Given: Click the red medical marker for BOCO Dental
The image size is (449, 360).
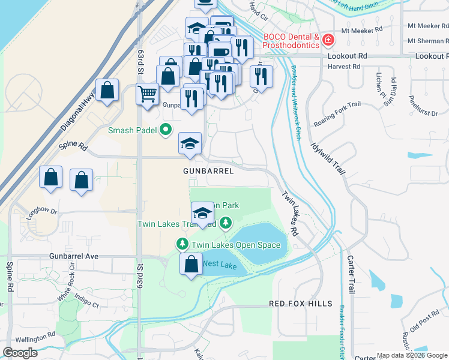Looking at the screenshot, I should coord(328,41).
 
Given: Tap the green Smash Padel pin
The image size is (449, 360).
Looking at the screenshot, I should coord(166,130).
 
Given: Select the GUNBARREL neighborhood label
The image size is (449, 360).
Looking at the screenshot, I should coord(208,171).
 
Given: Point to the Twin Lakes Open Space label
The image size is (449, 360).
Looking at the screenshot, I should coord(235,245).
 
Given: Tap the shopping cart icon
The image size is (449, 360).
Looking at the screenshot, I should coord(147,94).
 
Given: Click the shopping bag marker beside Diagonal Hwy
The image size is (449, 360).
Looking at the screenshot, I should coord(107,91).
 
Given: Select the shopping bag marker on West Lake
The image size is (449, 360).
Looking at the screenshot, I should coord(191,265).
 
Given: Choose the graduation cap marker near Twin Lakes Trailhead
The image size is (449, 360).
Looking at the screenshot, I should coord(203,213).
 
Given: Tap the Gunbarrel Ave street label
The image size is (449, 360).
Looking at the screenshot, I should coord(73,256).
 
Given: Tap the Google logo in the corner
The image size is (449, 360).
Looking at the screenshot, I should coord(20,353).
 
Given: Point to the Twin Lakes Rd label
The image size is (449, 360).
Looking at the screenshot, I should coord(290,212).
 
